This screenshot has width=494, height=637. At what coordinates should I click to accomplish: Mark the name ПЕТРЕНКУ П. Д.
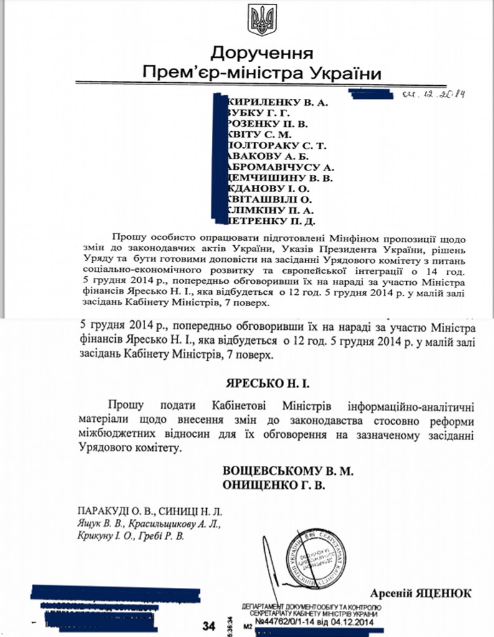273,220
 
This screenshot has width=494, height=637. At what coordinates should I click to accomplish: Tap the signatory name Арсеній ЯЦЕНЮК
420,593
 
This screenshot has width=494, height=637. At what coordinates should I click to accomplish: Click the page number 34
209,625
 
